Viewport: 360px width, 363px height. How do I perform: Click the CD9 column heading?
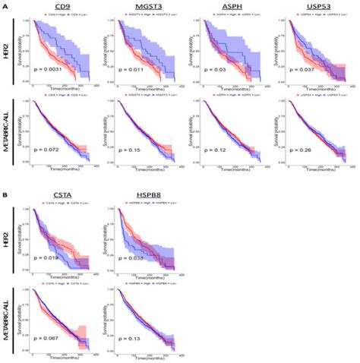tap(62, 8)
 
